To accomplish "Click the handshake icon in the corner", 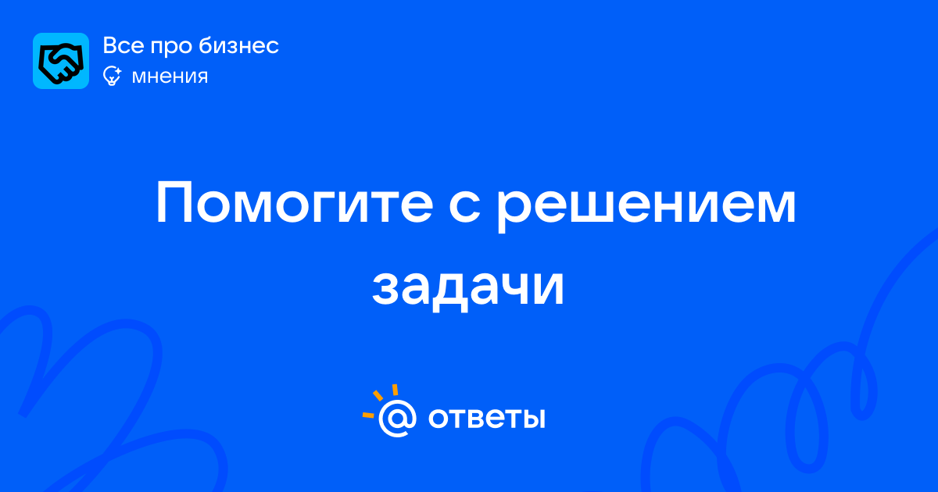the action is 61,61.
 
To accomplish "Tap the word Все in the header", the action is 124,45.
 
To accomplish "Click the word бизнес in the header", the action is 238,45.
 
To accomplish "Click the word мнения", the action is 170,77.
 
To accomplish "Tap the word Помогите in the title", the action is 295,203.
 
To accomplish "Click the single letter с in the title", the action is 464,208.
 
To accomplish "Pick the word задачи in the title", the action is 468,289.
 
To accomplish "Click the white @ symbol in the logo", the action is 397,419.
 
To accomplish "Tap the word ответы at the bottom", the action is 486,418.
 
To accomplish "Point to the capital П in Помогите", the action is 174,203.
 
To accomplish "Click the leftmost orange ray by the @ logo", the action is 368,415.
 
